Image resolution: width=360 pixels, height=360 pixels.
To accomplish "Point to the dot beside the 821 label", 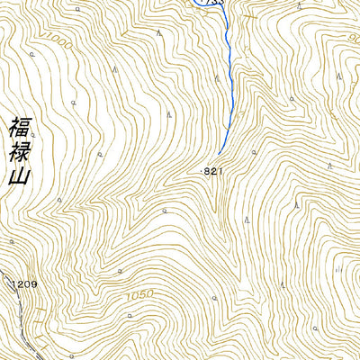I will [200, 169].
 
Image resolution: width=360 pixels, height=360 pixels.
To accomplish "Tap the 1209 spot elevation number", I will [25, 284].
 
